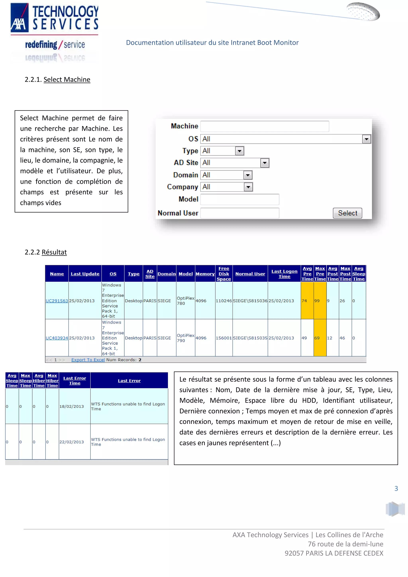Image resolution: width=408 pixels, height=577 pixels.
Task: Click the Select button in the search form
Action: point(347,213)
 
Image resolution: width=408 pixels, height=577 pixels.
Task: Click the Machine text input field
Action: point(265,126)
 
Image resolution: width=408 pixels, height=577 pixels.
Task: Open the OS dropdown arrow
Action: point(366,139)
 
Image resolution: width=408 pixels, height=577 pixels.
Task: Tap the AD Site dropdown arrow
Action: point(265,163)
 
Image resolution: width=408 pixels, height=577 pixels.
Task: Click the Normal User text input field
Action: point(240,213)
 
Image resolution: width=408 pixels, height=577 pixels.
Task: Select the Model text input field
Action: point(240,199)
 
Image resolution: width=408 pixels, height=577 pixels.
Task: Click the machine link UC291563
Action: point(57,301)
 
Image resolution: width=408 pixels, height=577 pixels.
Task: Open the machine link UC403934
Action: point(57,338)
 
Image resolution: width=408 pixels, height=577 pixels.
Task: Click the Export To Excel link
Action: point(88,360)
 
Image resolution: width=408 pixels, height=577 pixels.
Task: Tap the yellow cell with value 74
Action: point(307,301)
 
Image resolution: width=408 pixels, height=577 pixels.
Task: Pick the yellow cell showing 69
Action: point(320,338)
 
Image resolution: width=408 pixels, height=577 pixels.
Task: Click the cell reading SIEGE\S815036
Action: point(250,301)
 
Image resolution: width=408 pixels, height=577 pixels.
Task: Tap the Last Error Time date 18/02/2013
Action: point(72,406)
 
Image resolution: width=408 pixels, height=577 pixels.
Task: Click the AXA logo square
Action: point(19,18)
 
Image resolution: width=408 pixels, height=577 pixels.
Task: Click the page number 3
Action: point(396,489)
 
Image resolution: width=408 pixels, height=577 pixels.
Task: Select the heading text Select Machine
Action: point(67,80)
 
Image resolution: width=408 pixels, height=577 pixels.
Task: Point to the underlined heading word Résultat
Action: point(54,252)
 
